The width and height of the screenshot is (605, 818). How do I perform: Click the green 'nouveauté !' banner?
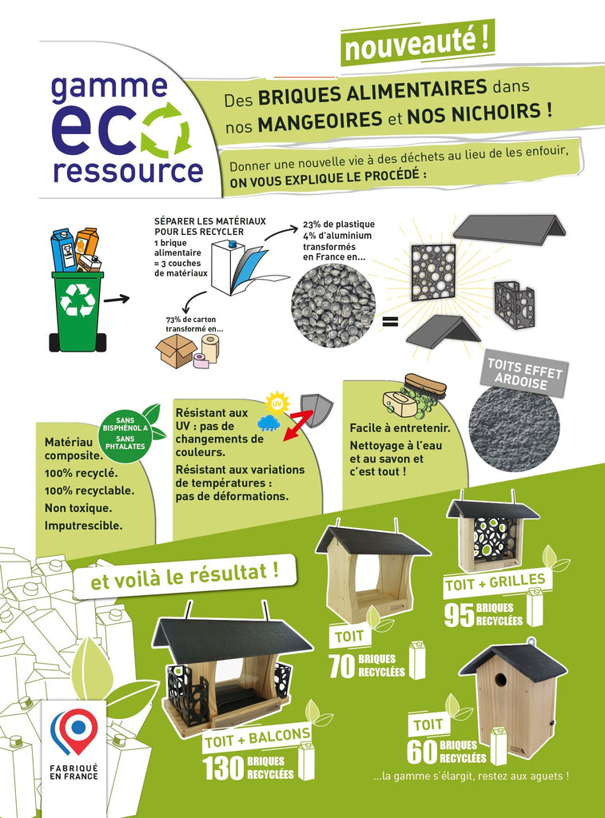coord(417,43)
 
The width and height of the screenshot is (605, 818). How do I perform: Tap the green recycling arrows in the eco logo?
coord(166,129)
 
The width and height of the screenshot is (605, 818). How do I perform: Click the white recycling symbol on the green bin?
coord(78,300)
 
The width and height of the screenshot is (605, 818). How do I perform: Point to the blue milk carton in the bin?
coord(64,251)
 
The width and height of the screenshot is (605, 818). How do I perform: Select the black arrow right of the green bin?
coord(116,299)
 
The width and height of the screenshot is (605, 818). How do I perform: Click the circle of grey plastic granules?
coord(333,305)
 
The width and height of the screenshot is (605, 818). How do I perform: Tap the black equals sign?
coord(390,321)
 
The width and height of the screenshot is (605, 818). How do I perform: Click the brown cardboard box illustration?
coord(176,351)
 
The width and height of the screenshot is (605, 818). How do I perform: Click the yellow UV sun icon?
coord(277,403)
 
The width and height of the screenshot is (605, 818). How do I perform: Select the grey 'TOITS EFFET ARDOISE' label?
coord(524,374)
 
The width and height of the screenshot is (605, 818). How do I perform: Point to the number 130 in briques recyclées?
coord(223,768)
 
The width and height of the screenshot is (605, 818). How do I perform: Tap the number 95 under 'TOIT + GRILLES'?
coord(459,615)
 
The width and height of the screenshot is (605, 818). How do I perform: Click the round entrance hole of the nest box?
coord(500,680)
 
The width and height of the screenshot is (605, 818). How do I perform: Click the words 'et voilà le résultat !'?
coord(185,576)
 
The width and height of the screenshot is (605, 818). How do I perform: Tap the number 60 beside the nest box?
coord(422,751)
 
